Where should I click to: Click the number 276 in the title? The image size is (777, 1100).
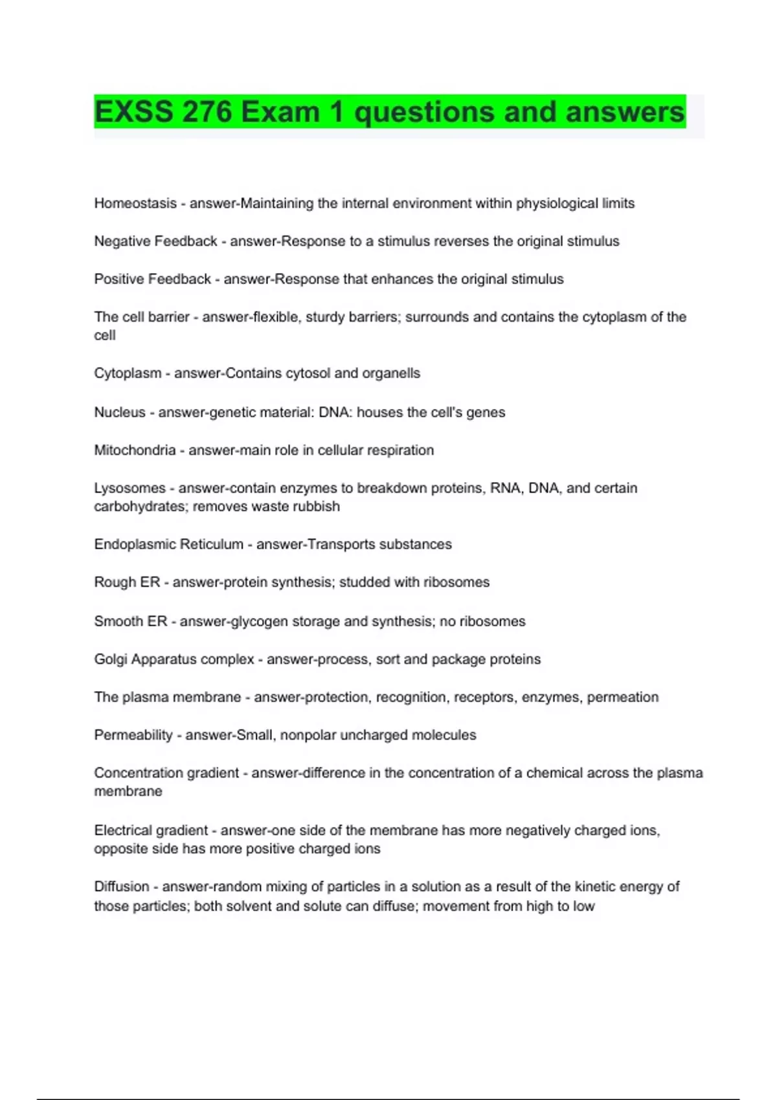[x=207, y=112]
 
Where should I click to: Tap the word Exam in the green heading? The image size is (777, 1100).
[x=281, y=112]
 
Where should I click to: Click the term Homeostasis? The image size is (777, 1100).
[x=135, y=203]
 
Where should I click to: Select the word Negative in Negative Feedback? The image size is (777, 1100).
[x=121, y=241]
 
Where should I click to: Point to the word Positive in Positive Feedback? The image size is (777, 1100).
[x=119, y=279]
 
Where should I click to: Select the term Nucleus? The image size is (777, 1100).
[x=120, y=412]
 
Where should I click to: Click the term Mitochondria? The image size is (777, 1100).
[x=135, y=450]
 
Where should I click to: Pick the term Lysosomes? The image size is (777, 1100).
[x=129, y=488]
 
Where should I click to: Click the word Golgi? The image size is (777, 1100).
[x=110, y=659]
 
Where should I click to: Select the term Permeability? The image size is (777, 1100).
[x=133, y=735]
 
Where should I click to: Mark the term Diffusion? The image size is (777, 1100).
[x=121, y=886]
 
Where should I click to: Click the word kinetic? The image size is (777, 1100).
[x=595, y=886]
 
